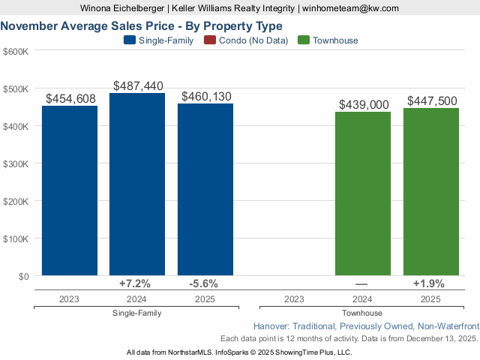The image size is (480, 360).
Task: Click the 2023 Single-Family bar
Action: (x=70, y=190)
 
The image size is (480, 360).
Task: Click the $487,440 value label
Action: (x=138, y=86)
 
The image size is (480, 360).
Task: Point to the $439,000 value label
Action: (x=364, y=105)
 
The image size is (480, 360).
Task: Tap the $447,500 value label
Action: (x=431, y=101)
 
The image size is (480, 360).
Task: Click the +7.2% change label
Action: (x=135, y=283)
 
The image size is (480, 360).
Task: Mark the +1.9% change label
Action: (x=429, y=283)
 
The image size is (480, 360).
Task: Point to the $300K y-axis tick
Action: (x=16, y=163)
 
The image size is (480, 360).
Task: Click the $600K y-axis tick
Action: (x=16, y=51)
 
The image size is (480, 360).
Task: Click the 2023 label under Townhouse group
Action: (x=295, y=299)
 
